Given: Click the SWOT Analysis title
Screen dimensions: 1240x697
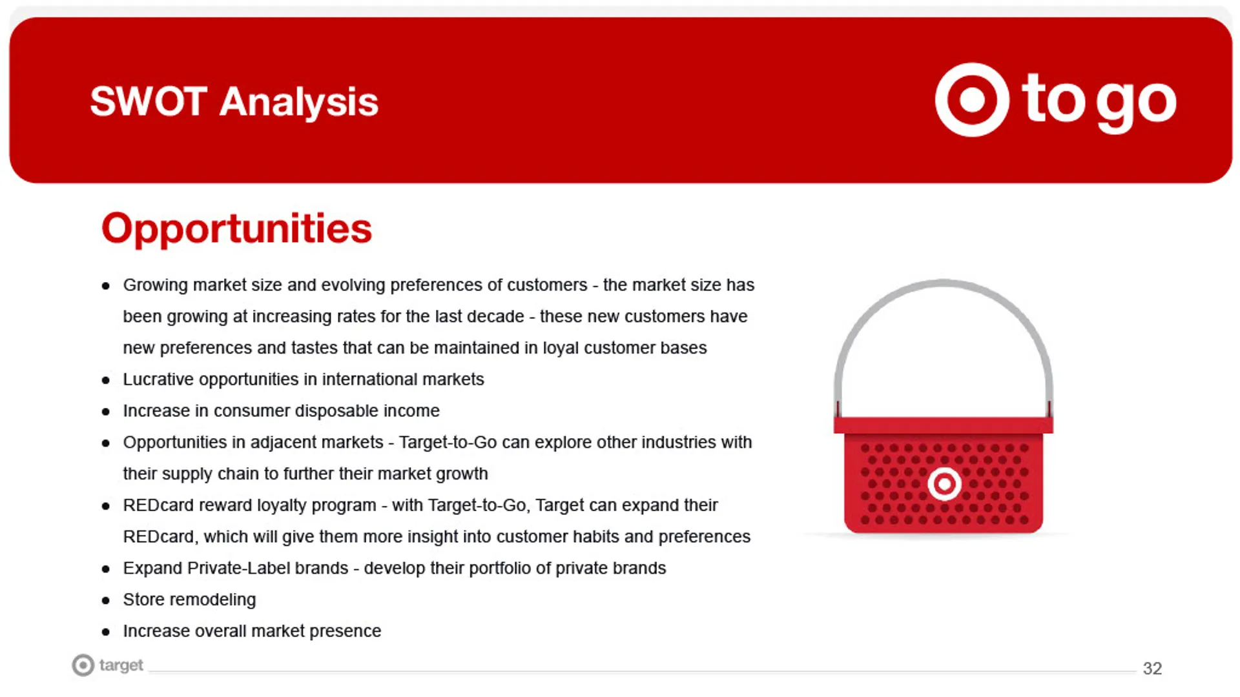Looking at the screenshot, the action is (234, 102).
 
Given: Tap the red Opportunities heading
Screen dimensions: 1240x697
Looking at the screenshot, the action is (236, 229).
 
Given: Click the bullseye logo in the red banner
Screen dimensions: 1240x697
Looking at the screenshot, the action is (972, 100).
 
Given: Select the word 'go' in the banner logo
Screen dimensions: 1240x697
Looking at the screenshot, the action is (1136, 103).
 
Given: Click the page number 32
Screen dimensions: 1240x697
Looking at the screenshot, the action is (1152, 669).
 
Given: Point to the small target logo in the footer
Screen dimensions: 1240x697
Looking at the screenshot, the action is (107, 665).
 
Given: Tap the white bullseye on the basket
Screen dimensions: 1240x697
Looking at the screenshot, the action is (944, 484).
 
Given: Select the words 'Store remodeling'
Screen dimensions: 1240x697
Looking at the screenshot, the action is (189, 600).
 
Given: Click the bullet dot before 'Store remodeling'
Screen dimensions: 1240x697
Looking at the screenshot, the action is (106, 601).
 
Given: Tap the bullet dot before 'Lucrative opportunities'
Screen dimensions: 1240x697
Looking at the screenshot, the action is (106, 381).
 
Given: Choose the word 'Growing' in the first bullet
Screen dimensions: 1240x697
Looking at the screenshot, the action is (155, 286).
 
